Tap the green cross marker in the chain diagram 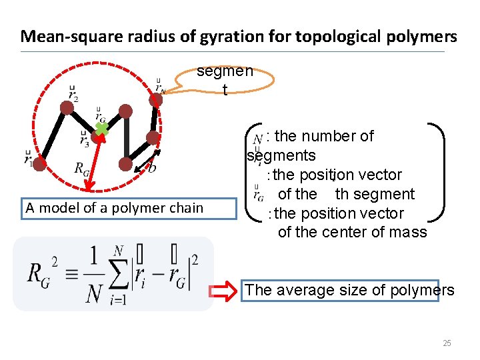pyautogui.click(x=100, y=129)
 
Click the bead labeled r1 pyautogui.click(x=39, y=162)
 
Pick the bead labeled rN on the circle pyautogui.click(x=156, y=99)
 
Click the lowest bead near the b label pyautogui.click(x=125, y=164)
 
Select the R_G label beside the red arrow pyautogui.click(x=83, y=168)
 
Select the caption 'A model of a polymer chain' pyautogui.click(x=114, y=208)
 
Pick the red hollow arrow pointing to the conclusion pyautogui.click(x=221, y=291)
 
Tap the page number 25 pyautogui.click(x=447, y=343)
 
